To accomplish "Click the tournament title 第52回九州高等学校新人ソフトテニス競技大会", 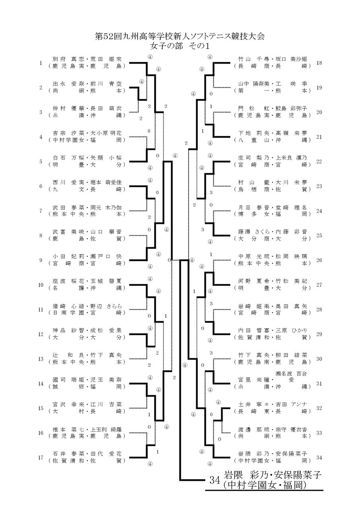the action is [x=180, y=36].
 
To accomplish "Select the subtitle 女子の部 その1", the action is [x=180, y=46].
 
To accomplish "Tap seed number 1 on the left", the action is [x=41, y=63].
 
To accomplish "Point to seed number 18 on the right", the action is [x=319, y=63].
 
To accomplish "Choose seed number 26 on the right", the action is [x=319, y=260].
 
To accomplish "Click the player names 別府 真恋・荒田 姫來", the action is [x=87, y=59].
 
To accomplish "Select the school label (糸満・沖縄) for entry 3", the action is [x=87, y=115].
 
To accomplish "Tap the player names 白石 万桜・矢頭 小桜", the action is [x=87, y=158].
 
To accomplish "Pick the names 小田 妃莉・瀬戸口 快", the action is [x=87, y=256].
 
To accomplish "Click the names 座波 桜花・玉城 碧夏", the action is [x=87, y=281].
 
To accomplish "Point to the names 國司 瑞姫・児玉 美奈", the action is [x=87, y=380].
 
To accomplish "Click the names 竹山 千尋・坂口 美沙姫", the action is [x=273, y=59].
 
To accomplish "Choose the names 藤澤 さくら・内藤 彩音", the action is [x=273, y=232].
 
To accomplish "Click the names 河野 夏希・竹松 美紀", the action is [x=273, y=281].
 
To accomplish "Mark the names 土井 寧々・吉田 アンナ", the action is [x=273, y=404].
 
